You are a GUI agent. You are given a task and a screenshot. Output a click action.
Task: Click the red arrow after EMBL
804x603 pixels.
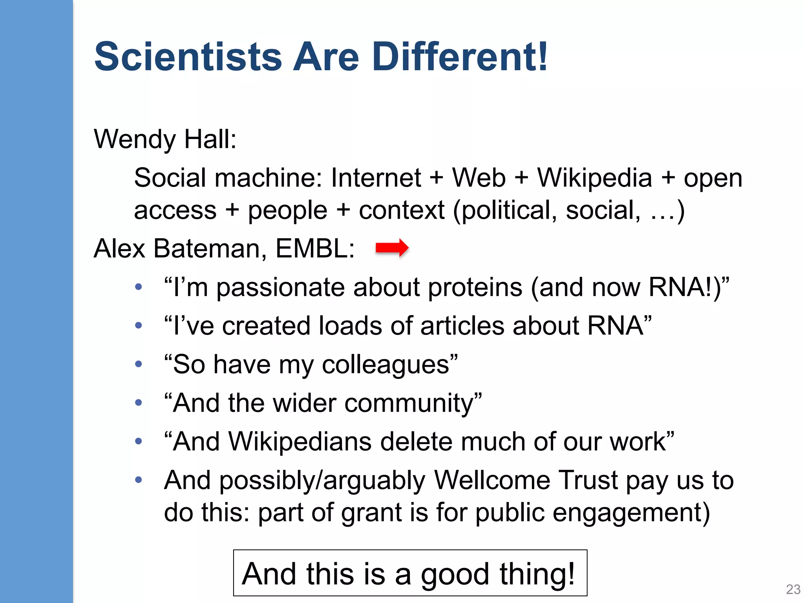[392, 248]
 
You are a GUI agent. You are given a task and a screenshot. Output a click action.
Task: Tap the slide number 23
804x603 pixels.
[793, 589]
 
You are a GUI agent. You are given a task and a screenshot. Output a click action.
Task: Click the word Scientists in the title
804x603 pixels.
[188, 57]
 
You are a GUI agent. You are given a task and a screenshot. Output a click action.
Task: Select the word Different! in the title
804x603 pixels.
[459, 57]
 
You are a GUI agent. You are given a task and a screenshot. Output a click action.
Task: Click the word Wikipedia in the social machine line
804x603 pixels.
[594, 178]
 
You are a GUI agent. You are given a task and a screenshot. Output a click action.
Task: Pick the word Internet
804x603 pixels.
[376, 178]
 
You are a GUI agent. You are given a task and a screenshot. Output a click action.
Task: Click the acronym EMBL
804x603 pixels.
[315, 249]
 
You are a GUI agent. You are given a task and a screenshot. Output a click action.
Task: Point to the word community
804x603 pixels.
[409, 403]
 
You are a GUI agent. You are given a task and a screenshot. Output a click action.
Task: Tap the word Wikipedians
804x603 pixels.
[300, 442]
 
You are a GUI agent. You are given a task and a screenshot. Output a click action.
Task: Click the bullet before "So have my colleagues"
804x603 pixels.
[138, 364]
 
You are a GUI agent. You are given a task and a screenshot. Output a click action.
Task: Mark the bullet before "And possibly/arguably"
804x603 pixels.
[138, 479]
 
